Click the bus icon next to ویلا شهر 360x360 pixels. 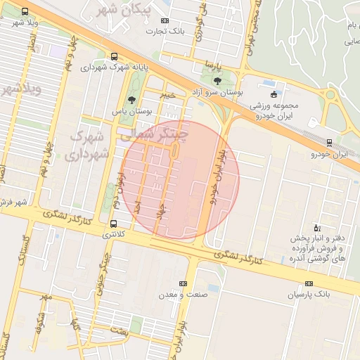coord(25,12)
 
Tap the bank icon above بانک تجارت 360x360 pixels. coord(165,21)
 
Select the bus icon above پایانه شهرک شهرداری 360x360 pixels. coord(115,58)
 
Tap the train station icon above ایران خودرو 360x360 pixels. coord(329,143)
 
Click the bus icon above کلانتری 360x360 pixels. coord(114,224)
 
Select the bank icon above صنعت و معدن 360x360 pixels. coord(183,283)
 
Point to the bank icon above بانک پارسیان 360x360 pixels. coord(308,284)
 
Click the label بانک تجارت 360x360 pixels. coord(165,31)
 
